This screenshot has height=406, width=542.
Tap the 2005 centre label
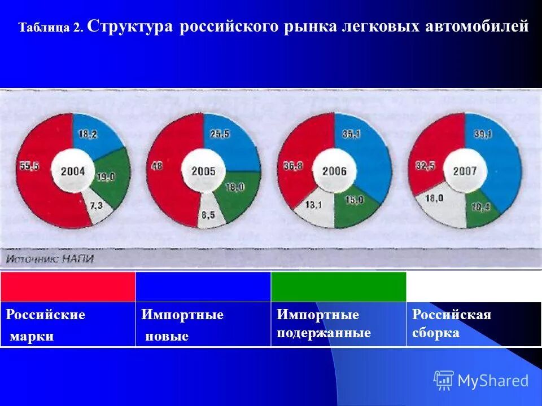click(203, 171)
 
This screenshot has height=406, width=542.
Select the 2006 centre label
click(334, 171)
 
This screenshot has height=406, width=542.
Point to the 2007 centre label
click(464, 171)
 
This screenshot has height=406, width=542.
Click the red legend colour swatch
click(68, 286)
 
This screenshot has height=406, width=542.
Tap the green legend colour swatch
click(339, 286)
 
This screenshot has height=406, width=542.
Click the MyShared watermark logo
click(482, 381)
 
